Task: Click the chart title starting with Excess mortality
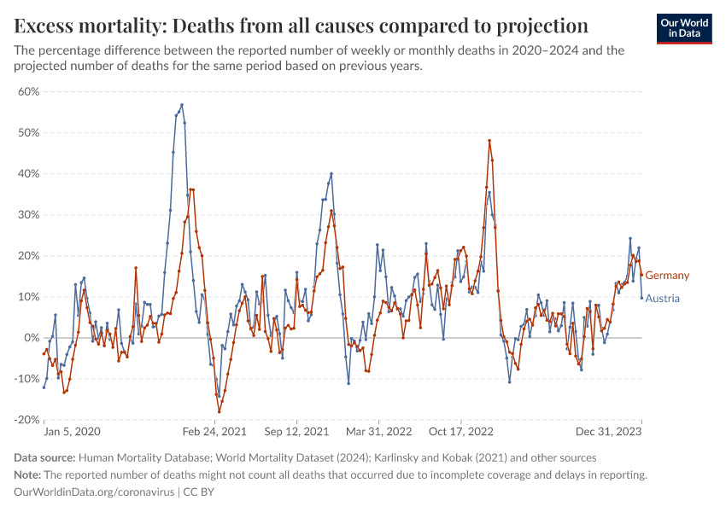tap(302, 24)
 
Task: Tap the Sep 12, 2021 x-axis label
tap(296, 433)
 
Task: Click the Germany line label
tap(667, 276)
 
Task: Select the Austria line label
tap(663, 299)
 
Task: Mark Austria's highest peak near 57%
tap(182, 105)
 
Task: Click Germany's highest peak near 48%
tap(489, 141)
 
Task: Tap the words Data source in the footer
tap(45, 458)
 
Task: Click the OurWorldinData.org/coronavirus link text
tap(94, 492)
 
